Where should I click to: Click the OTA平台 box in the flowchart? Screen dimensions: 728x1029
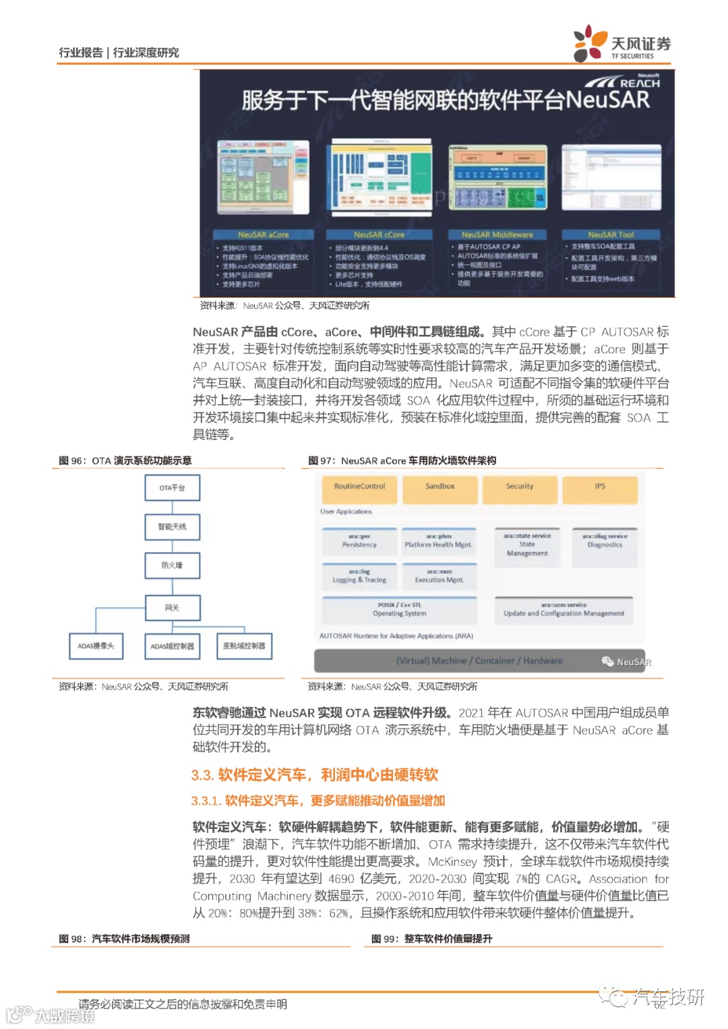[x=172, y=487]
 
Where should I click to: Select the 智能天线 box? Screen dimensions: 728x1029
[x=172, y=526]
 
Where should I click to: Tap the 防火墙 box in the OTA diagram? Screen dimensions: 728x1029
[x=172, y=565]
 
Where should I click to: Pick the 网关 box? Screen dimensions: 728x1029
[x=172, y=608]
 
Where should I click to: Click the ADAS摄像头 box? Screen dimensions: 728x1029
[x=96, y=646]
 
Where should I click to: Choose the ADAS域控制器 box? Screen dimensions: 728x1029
[x=172, y=646]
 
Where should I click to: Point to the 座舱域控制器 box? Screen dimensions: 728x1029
[x=244, y=646]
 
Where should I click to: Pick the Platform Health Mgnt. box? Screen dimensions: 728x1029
[x=439, y=541]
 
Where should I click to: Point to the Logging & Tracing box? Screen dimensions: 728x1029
[x=359, y=576]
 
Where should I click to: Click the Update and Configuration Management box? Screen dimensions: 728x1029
[x=564, y=610]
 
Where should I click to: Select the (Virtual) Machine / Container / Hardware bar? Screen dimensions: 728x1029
[x=479, y=661]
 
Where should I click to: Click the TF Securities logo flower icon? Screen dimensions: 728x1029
[x=590, y=44]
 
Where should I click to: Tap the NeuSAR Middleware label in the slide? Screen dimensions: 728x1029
[x=497, y=235]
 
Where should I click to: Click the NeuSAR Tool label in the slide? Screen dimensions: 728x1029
[x=611, y=235]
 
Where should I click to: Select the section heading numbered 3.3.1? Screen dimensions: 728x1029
[x=318, y=801]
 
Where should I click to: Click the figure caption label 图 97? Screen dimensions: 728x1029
[x=321, y=461]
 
